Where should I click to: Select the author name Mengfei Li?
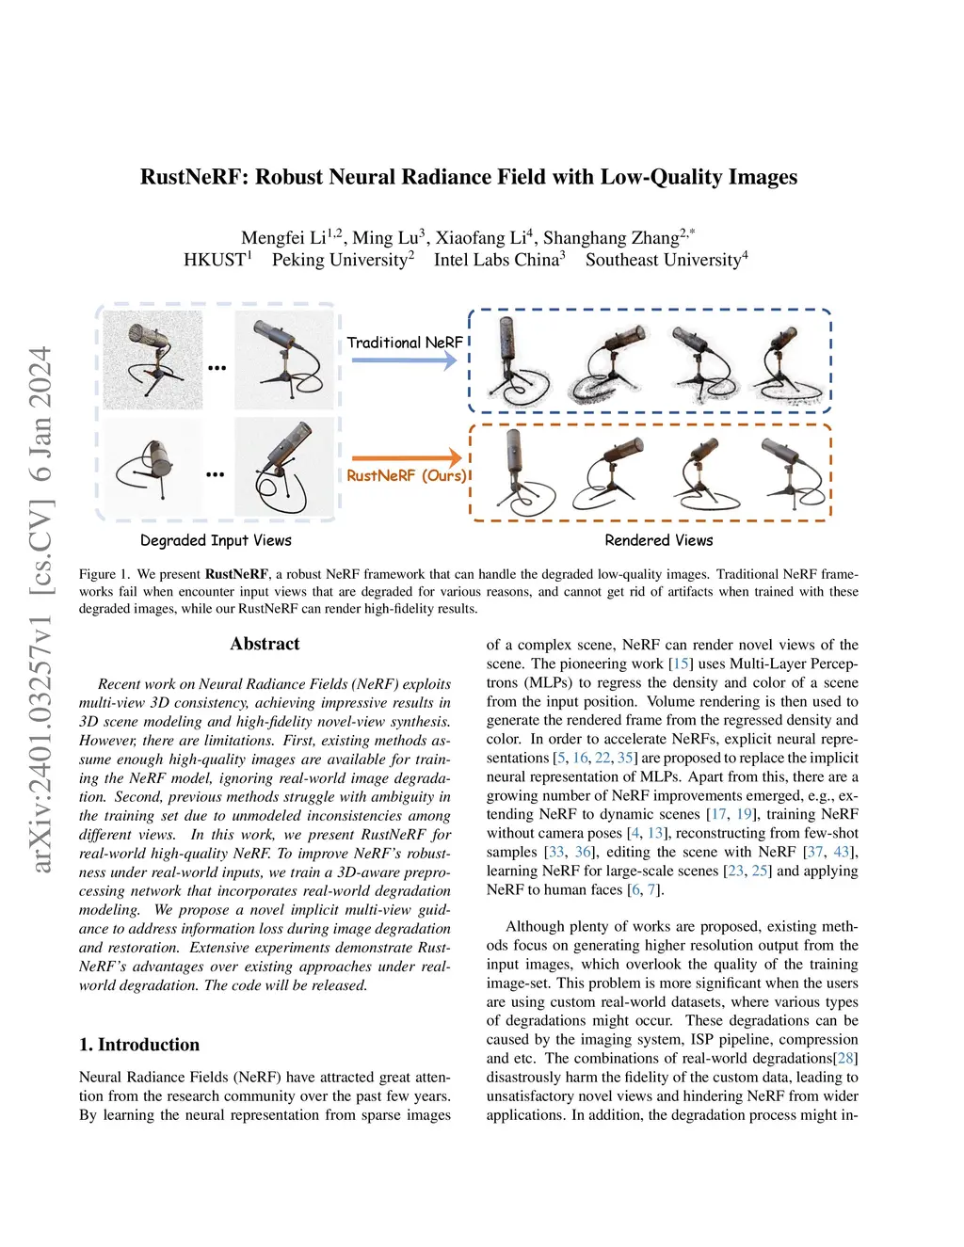click(283, 238)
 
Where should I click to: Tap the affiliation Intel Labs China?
click(496, 260)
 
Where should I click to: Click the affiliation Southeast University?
click(663, 260)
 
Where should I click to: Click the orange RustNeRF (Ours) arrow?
click(406, 458)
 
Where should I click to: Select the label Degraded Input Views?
click(216, 540)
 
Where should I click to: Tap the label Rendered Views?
click(658, 540)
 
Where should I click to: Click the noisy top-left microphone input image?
click(153, 360)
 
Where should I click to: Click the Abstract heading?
click(265, 645)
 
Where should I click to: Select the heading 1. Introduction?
click(139, 1045)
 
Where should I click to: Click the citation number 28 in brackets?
click(846, 1059)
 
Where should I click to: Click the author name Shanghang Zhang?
click(611, 238)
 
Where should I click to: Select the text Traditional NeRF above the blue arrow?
click(404, 343)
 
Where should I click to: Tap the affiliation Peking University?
click(340, 260)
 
